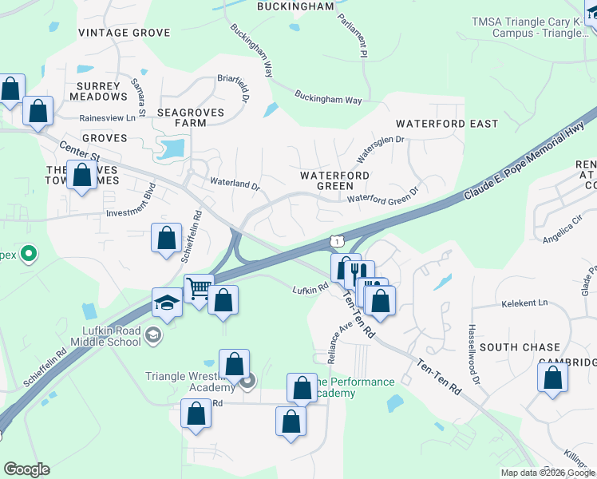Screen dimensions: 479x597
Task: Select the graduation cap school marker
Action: click(x=167, y=303)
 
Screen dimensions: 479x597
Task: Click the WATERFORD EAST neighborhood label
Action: click(x=447, y=124)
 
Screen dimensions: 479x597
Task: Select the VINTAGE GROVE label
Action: click(x=125, y=33)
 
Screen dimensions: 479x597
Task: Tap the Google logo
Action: click(x=26, y=469)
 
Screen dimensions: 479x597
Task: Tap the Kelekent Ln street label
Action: click(x=524, y=303)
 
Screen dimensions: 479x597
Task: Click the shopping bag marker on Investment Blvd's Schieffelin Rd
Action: click(x=166, y=238)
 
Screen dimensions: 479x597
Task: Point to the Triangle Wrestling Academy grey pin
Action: click(x=247, y=381)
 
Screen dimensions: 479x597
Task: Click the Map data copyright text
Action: click(x=547, y=473)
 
